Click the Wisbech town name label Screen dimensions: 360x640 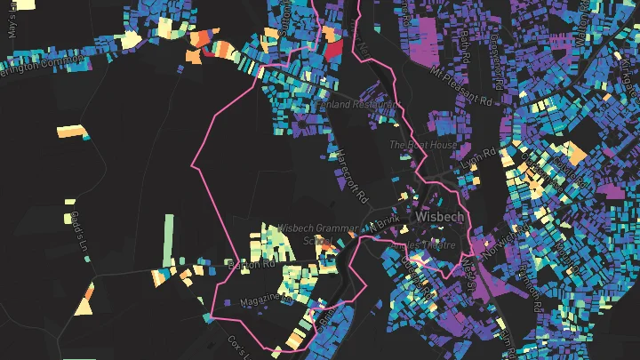(x=441, y=216)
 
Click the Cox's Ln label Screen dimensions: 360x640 (x=236, y=348)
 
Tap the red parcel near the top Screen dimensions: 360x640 (x=332, y=50)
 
